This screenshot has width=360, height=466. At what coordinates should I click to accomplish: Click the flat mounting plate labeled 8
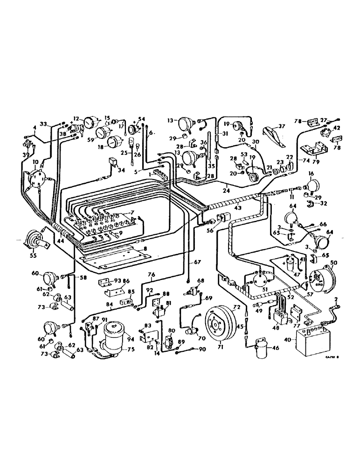pos(112,254)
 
